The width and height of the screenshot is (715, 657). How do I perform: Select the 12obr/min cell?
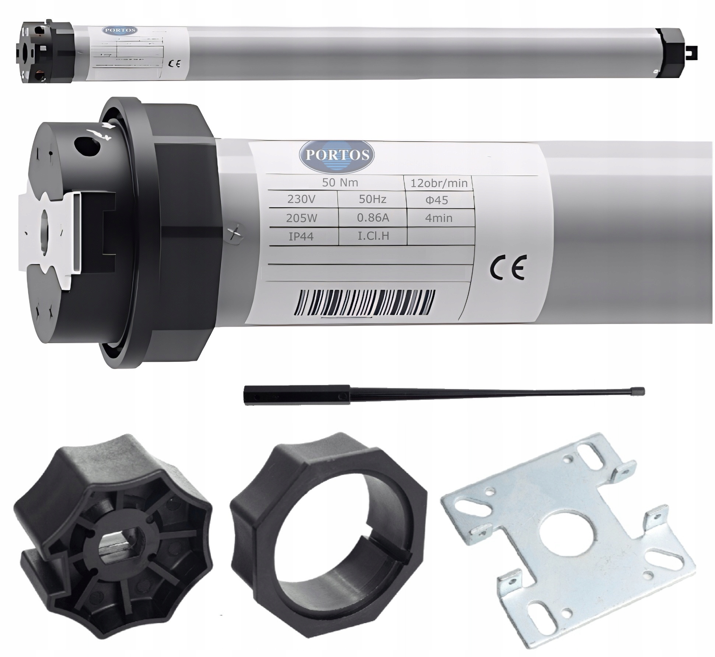[439, 183]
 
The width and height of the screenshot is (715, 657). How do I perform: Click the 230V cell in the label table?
[301, 199]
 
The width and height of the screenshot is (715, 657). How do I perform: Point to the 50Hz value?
[372, 199]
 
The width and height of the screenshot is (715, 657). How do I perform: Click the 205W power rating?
[301, 218]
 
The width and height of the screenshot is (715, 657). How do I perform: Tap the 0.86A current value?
[373, 218]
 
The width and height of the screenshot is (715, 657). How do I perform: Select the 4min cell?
[438, 218]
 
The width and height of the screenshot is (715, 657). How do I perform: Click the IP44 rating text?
[301, 237]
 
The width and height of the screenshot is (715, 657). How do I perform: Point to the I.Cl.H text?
[373, 236]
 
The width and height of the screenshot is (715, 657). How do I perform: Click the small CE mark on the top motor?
[174, 64]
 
